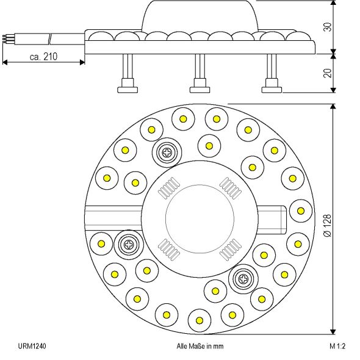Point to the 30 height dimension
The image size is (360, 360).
[328, 27]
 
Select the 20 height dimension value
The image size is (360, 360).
[328, 73]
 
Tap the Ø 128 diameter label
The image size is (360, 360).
[328, 225]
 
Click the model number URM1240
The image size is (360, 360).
[32, 346]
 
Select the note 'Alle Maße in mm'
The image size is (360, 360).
[200, 346]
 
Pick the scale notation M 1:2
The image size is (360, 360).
[337, 346]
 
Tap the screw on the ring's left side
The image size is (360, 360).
[129, 245]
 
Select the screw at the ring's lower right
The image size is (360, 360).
[243, 279]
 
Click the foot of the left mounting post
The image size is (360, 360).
[128, 89]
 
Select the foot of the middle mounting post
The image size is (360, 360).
[200, 89]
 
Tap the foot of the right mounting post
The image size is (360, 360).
[272, 89]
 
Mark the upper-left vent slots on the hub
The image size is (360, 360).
[167, 191]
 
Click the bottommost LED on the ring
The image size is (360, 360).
[199, 319]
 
